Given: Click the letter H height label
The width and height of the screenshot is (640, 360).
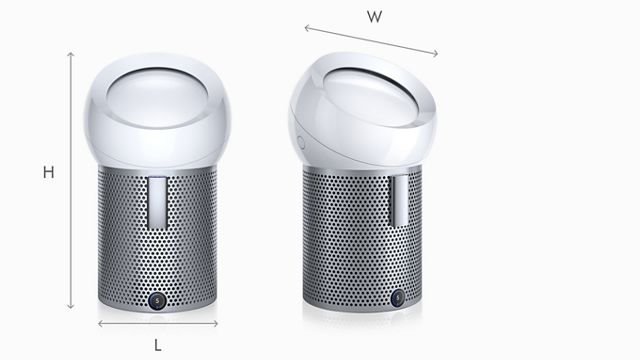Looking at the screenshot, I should tap(48, 173).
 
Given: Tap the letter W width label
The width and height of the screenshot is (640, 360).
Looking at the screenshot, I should tap(374, 17).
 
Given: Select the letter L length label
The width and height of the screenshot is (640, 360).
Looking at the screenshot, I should tap(158, 345).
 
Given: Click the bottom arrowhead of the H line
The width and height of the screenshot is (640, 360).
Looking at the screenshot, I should tap(71, 308).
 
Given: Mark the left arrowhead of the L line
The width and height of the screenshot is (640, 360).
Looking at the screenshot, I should tap(100, 324).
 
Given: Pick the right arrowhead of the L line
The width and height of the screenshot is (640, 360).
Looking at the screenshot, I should tap(217, 324).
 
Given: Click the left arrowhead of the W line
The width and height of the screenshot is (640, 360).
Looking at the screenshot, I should tap(306, 27).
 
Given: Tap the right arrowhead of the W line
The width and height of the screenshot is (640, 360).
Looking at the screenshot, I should tap(437, 54).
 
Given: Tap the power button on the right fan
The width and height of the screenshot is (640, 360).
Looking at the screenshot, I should tap(399, 297).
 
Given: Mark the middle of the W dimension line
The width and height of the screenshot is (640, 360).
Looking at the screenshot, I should tap(372, 41).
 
